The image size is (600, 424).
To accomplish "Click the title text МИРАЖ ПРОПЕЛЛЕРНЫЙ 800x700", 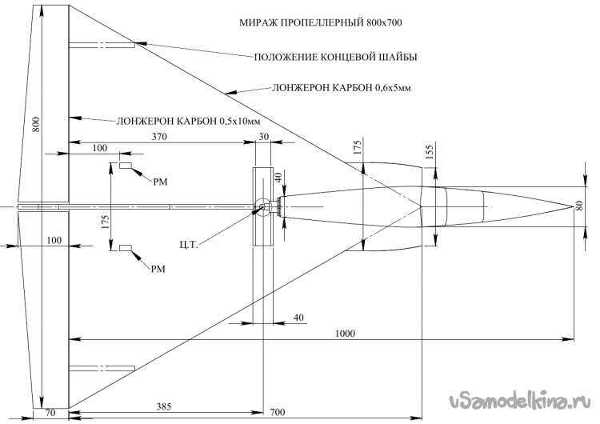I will click(320, 23).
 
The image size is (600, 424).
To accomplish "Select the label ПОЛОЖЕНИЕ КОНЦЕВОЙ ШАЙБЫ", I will click(335, 57).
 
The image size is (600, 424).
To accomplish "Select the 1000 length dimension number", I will click(347, 333).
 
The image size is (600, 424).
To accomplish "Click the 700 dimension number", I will click(276, 412).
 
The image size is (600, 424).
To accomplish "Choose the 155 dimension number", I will click(430, 152).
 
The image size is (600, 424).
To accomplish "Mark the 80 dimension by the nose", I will click(580, 206).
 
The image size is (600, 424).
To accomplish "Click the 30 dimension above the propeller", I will click(264, 137).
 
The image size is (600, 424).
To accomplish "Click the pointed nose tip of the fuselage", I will click(567, 206).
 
